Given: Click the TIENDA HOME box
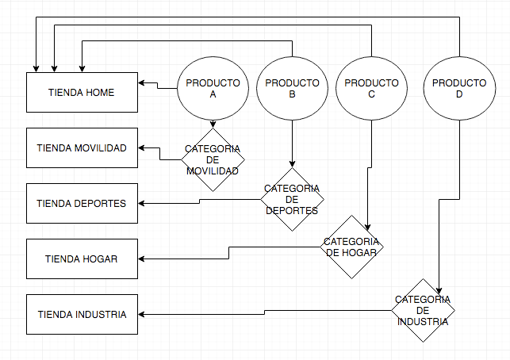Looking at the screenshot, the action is pos(82,92).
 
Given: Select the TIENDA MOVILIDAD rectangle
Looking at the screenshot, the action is pos(82,148).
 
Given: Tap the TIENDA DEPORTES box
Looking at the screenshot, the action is pos(82,204).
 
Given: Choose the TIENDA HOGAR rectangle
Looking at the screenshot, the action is pos(82,259).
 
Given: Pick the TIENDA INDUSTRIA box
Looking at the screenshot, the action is pos(82,315).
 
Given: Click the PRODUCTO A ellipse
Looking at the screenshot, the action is pos(213,89).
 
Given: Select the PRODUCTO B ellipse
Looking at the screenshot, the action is pos(292,89).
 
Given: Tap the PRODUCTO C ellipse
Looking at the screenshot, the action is pos(371,89).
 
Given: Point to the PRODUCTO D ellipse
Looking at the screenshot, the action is pos(459,89).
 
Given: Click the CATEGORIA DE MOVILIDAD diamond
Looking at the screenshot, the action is pos(213,159).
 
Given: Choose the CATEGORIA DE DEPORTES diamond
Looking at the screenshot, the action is pos(292,199).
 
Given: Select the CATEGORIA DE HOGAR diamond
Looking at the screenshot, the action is pos(351,247).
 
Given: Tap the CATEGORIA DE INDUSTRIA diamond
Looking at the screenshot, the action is pos(424,310).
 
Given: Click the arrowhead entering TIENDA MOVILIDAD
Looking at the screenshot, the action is pos(141,148).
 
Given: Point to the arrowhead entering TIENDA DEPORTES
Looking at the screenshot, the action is pos(141,204).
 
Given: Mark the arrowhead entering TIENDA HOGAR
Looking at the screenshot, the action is pos(141,259).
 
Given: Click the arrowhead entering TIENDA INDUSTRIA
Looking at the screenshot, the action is pos(141,315).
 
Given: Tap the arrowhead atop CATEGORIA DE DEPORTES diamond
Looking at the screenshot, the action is pos(292,164).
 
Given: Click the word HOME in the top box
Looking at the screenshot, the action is pos(100,93).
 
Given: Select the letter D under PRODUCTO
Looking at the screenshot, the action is pos(459,94).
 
